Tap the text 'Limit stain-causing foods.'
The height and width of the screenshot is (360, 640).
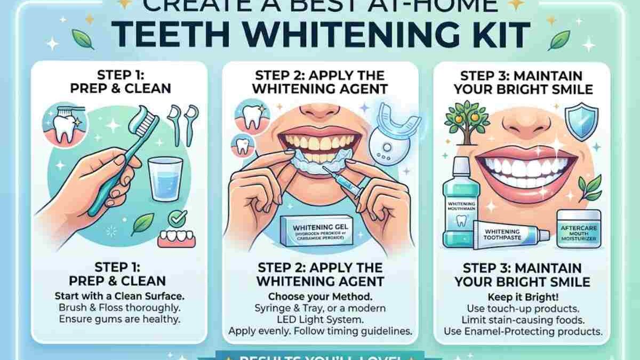[522, 320]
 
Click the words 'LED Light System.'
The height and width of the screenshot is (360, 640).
[320, 319]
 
